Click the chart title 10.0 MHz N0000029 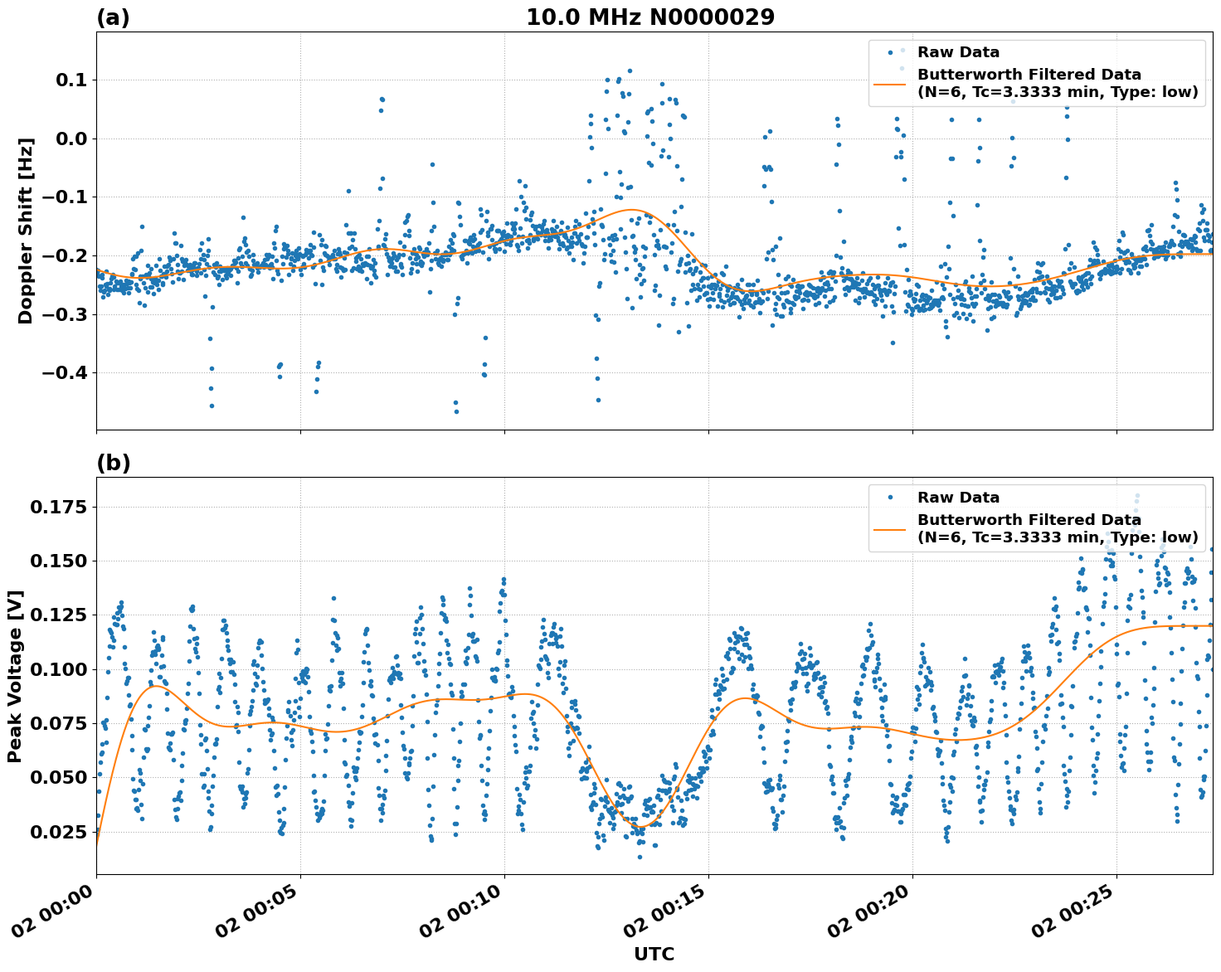pos(650,17)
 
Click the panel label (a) pos(113,17)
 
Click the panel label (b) pos(113,463)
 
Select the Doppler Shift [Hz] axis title pos(26,231)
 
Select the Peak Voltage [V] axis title pos(15,676)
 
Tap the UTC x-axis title pos(654,954)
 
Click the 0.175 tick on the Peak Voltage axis pos(57,507)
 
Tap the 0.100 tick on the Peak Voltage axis pos(57,669)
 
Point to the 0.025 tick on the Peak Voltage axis pos(57,832)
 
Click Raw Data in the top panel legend pos(958,53)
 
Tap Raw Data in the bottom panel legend pos(958,498)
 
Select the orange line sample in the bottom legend pos(891,528)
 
